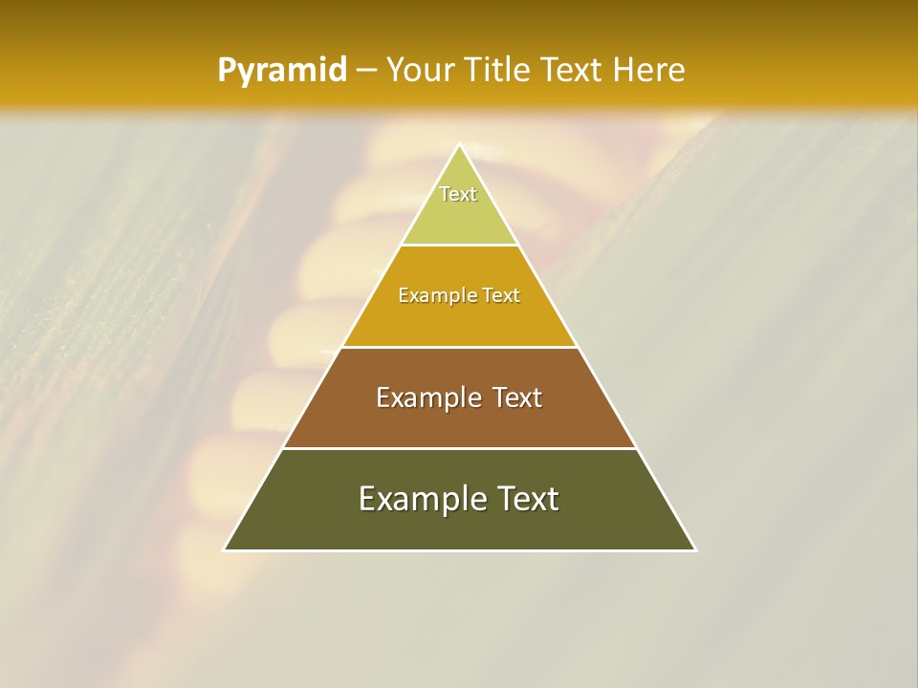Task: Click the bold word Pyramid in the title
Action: (282, 71)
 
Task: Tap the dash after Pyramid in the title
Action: (365, 71)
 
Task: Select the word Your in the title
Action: (418, 71)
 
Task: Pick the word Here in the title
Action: (649, 71)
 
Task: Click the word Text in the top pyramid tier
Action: (458, 194)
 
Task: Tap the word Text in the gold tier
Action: (502, 296)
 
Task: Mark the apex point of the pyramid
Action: (459, 144)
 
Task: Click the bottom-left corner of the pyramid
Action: (225, 549)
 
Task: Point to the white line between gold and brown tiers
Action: (459, 347)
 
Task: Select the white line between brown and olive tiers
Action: (459, 448)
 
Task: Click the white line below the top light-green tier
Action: (459, 246)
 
